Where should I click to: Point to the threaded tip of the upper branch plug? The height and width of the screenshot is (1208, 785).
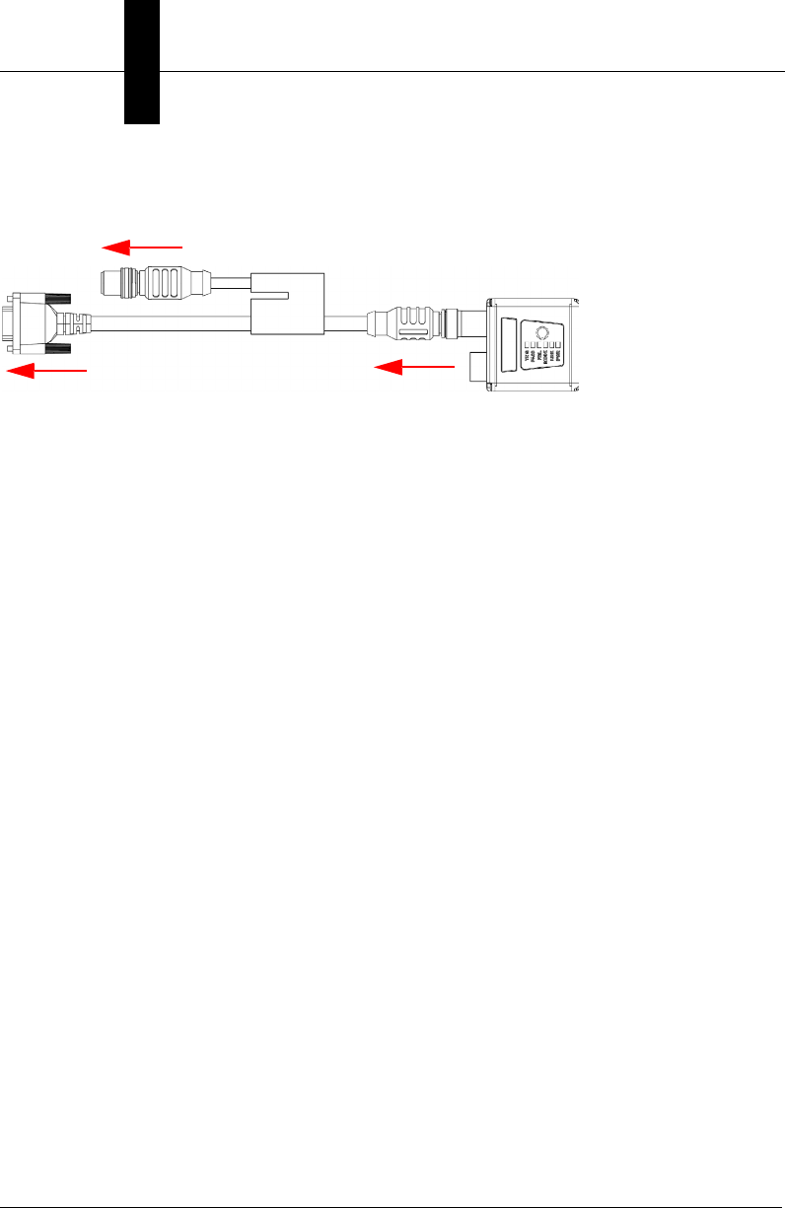click(112, 284)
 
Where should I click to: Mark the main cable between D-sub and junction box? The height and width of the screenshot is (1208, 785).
click(173, 323)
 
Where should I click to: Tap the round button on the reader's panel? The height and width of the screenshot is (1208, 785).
click(540, 333)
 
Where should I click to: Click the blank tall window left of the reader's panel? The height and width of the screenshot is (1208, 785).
click(510, 343)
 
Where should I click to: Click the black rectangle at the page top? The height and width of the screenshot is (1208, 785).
click(142, 61)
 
